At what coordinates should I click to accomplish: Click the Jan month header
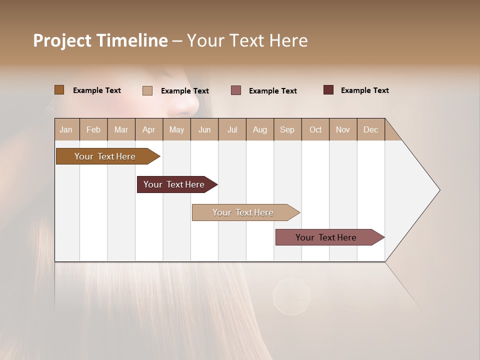66,129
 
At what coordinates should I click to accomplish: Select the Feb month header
93,129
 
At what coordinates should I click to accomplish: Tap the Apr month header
148,129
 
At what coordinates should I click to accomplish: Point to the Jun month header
204,129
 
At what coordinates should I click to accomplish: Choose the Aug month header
259,129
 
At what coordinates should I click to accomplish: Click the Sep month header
287,129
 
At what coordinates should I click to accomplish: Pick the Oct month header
315,129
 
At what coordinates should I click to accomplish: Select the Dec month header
370,129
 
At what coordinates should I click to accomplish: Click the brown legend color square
59,90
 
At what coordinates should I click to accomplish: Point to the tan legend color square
147,90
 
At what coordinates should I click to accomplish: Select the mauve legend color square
236,90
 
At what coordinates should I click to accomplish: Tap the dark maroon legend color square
328,90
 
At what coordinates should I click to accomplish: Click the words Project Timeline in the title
100,40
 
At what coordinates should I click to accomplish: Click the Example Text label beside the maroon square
364,90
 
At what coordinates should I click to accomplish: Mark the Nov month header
342,129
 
